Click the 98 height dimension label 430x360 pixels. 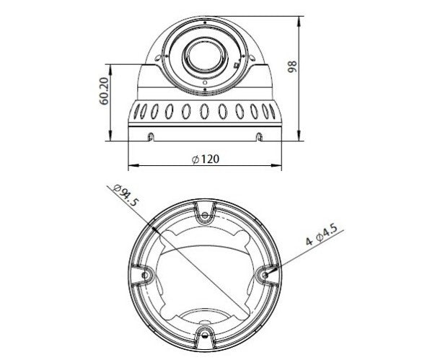pyautogui.click(x=292, y=66)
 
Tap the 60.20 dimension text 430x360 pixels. pyautogui.click(x=104, y=92)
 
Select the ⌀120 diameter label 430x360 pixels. pyautogui.click(x=206, y=159)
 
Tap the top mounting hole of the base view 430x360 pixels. pyautogui.click(x=204, y=216)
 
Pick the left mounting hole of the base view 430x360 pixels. pyautogui.click(x=145, y=274)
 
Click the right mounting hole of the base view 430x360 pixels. pyautogui.click(x=265, y=274)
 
